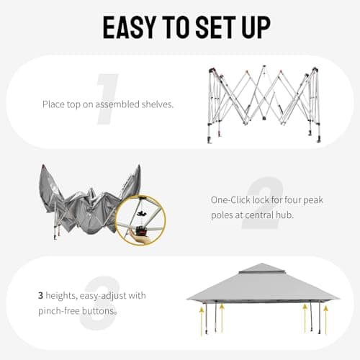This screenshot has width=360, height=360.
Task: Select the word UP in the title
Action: tap(254, 27)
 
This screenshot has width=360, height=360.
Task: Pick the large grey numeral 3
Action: tap(99, 304)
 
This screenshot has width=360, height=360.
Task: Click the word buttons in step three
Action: tap(102, 310)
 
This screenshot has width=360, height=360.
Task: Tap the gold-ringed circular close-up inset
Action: tap(140, 220)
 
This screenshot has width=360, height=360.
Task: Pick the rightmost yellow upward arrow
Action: tap(325, 320)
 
